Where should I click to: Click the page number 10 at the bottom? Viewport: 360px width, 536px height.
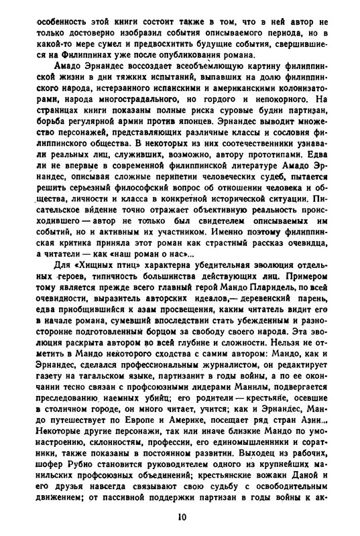(x=183, y=517)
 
